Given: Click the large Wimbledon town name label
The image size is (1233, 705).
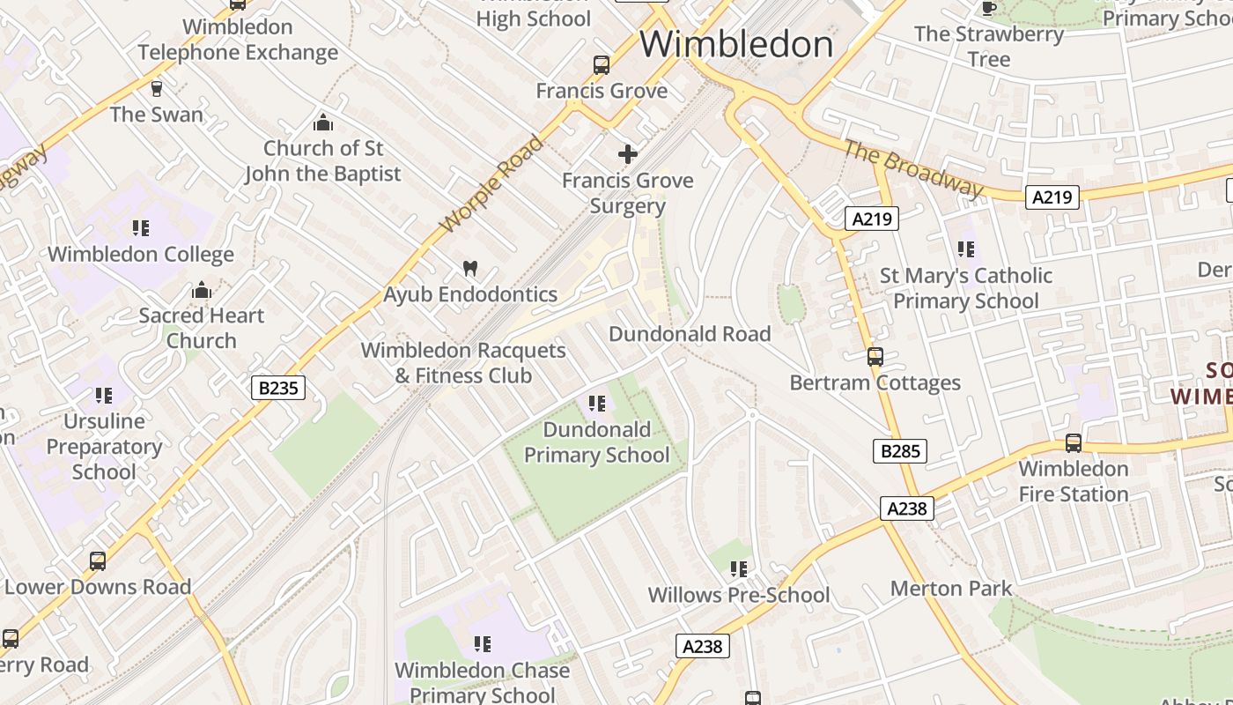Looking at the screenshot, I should point(736,44).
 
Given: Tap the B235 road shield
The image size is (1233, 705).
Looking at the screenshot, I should point(277,388).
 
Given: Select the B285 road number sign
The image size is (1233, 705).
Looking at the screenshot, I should point(900,451).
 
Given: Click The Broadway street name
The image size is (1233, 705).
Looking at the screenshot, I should point(912,168).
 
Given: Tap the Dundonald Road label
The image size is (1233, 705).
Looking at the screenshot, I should point(690,334).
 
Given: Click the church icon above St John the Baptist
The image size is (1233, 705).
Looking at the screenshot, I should point(323,122).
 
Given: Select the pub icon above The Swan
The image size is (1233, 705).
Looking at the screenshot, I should point(157,89).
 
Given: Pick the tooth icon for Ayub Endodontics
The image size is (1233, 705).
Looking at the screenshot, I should point(470,268).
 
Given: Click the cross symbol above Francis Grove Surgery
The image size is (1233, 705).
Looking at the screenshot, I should point(627,155).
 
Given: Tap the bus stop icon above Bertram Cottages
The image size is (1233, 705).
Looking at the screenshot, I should point(875,357).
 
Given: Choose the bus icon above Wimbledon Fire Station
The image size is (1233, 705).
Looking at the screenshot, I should point(1073,443).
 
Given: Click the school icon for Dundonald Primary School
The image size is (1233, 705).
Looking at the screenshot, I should point(597,404).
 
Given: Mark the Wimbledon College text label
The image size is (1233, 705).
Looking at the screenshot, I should point(141,255).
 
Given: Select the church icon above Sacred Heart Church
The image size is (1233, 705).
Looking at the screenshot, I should point(202,290).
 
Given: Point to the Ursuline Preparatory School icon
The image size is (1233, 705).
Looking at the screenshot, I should point(104,396).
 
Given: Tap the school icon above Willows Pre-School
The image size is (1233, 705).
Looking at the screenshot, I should point(738,569).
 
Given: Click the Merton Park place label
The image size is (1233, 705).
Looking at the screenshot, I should point(951,588).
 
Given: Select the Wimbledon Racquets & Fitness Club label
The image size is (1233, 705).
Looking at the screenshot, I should point(463,363).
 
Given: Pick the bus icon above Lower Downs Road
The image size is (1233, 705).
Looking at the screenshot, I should point(98,561).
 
